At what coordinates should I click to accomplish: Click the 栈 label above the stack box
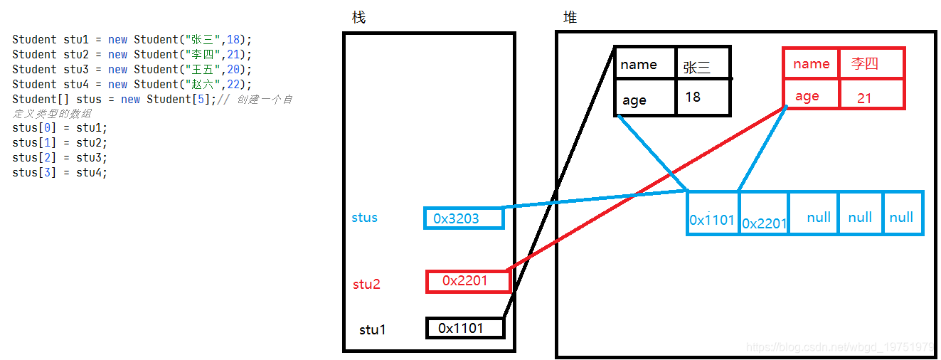[358, 18]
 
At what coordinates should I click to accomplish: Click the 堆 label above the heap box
[570, 18]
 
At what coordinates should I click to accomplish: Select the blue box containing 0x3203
[464, 218]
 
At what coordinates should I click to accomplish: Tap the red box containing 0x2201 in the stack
[468, 281]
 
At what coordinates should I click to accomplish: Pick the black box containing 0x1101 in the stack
[464, 328]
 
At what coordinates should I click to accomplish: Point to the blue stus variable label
[364, 218]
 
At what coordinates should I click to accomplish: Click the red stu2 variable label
[366, 285]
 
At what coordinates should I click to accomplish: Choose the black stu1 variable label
[373, 330]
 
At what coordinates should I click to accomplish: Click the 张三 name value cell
[703, 67]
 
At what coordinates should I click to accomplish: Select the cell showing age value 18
[703, 97]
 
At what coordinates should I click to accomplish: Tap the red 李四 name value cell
[871, 64]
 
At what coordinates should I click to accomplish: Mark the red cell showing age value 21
[871, 96]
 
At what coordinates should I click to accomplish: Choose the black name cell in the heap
[644, 65]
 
